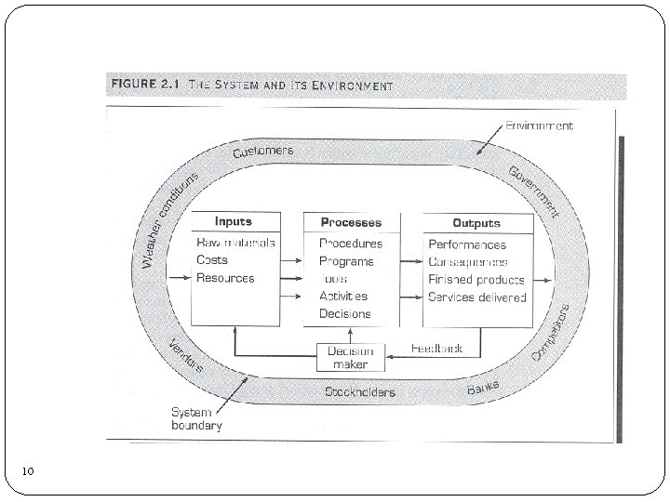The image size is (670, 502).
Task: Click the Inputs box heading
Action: pyautogui.click(x=233, y=221)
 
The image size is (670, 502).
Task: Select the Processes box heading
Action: pyautogui.click(x=351, y=222)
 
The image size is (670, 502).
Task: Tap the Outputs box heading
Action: pyautogui.click(x=476, y=222)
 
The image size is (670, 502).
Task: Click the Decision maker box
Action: pyautogui.click(x=350, y=357)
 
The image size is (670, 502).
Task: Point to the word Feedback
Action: pyautogui.click(x=437, y=348)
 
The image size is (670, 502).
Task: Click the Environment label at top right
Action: pyautogui.click(x=539, y=125)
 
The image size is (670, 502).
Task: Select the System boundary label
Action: pyautogui.click(x=195, y=419)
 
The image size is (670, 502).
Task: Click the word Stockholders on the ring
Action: pyautogui.click(x=359, y=391)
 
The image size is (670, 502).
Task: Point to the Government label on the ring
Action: pyautogui.click(x=536, y=190)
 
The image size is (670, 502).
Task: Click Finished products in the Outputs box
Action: pyautogui.click(x=476, y=279)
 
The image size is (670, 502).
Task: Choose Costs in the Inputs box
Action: pyautogui.click(x=212, y=261)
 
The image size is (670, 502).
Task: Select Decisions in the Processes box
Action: pyautogui.click(x=344, y=313)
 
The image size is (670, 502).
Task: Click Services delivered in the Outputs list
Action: pyautogui.click(x=476, y=297)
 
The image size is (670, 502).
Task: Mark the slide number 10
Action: pyautogui.click(x=29, y=472)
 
